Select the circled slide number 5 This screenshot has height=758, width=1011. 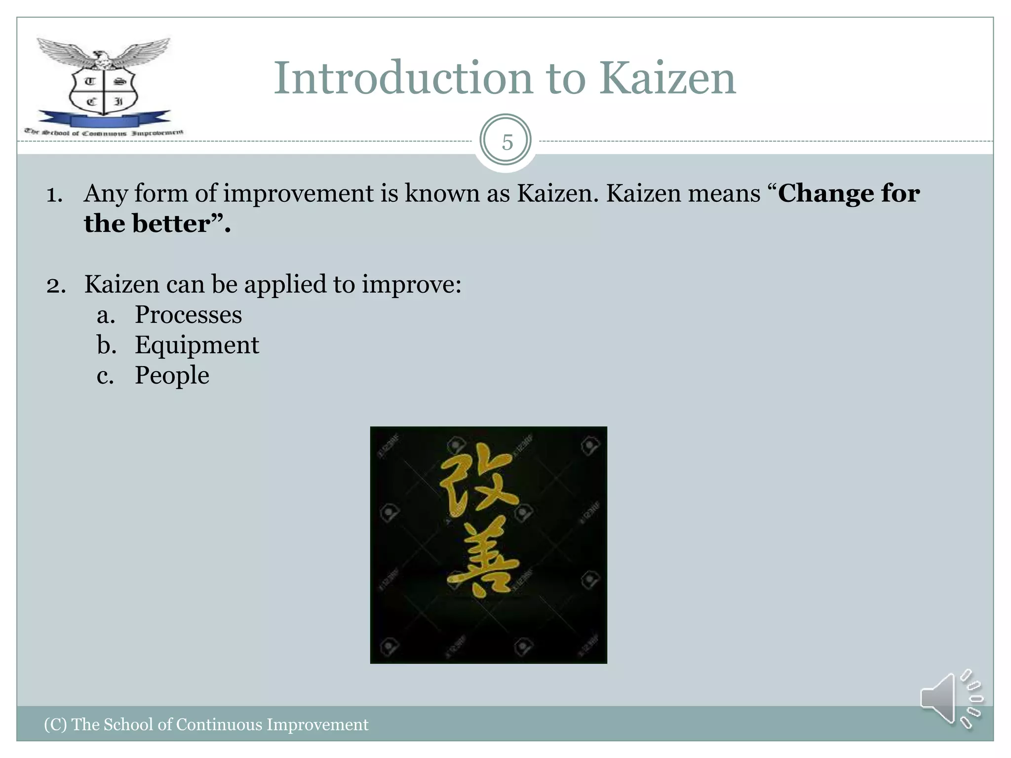click(506, 142)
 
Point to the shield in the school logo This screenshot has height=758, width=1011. click(103, 91)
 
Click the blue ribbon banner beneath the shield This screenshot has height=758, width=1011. click(104, 120)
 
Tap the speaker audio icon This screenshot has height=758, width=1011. click(950, 699)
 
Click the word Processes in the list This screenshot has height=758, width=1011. click(189, 315)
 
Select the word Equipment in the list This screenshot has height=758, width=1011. click(196, 345)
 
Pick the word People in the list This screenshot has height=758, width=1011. click(172, 376)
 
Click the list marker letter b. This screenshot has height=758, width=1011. click(106, 345)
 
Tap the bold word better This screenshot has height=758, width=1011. click(171, 224)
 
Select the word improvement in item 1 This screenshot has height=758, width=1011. click(298, 193)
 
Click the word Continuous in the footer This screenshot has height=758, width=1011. click(220, 724)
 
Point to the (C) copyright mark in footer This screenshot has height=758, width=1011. click(55, 724)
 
